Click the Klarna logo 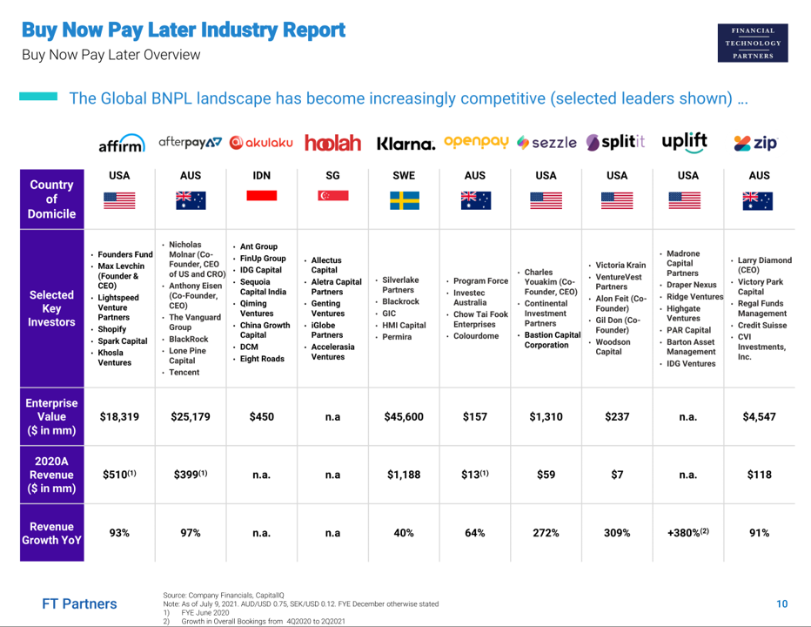[x=405, y=143]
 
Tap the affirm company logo [x=121, y=144]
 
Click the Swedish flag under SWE [x=404, y=200]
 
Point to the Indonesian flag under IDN [x=261, y=196]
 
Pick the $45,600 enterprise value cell [x=404, y=417]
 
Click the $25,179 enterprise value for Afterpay [x=191, y=417]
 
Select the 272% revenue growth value [x=546, y=532]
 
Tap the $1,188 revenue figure [x=404, y=475]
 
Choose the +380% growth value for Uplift [x=687, y=532]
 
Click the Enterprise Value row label [x=52, y=417]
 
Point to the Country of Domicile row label [x=52, y=199]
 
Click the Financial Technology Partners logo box [x=753, y=43]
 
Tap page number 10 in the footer [x=781, y=603]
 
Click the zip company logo [x=755, y=143]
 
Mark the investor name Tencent [x=184, y=373]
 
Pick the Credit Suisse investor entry [x=763, y=325]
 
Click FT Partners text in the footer [x=79, y=603]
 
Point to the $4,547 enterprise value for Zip [x=759, y=417]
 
